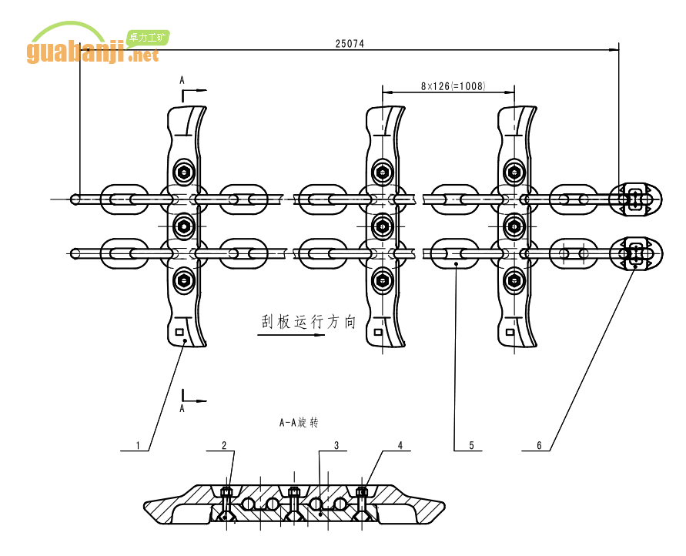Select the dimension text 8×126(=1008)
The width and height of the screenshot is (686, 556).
click(x=453, y=86)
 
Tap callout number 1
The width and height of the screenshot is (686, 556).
click(x=138, y=444)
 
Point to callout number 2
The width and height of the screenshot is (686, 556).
click(x=224, y=444)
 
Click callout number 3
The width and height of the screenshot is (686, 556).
click(x=336, y=444)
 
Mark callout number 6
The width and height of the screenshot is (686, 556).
click(x=539, y=444)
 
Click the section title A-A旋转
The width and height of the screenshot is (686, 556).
click(x=299, y=423)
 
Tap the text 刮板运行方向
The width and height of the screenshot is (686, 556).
click(x=308, y=322)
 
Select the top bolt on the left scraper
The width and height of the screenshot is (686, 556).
click(x=183, y=171)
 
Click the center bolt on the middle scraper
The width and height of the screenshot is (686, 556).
click(x=382, y=226)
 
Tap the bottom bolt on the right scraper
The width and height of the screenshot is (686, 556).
click(x=513, y=280)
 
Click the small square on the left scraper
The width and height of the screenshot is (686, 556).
click(x=180, y=333)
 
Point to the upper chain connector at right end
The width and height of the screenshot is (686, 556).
click(x=635, y=199)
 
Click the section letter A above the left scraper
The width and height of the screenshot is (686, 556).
click(x=182, y=80)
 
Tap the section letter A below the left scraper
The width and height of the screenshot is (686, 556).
click(x=182, y=409)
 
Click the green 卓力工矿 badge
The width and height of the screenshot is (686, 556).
click(x=148, y=36)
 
